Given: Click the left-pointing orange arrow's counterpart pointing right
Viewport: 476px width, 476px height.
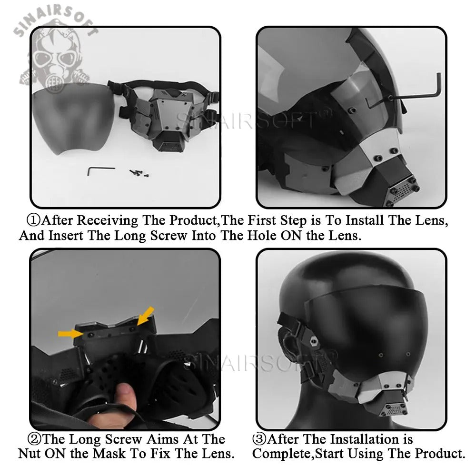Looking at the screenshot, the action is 71,334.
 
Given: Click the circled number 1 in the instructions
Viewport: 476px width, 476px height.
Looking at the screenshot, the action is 33,220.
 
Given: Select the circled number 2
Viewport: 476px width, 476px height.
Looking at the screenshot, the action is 34,439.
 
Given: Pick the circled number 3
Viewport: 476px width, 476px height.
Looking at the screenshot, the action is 259,439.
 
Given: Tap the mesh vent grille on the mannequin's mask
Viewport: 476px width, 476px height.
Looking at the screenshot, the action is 394,410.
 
